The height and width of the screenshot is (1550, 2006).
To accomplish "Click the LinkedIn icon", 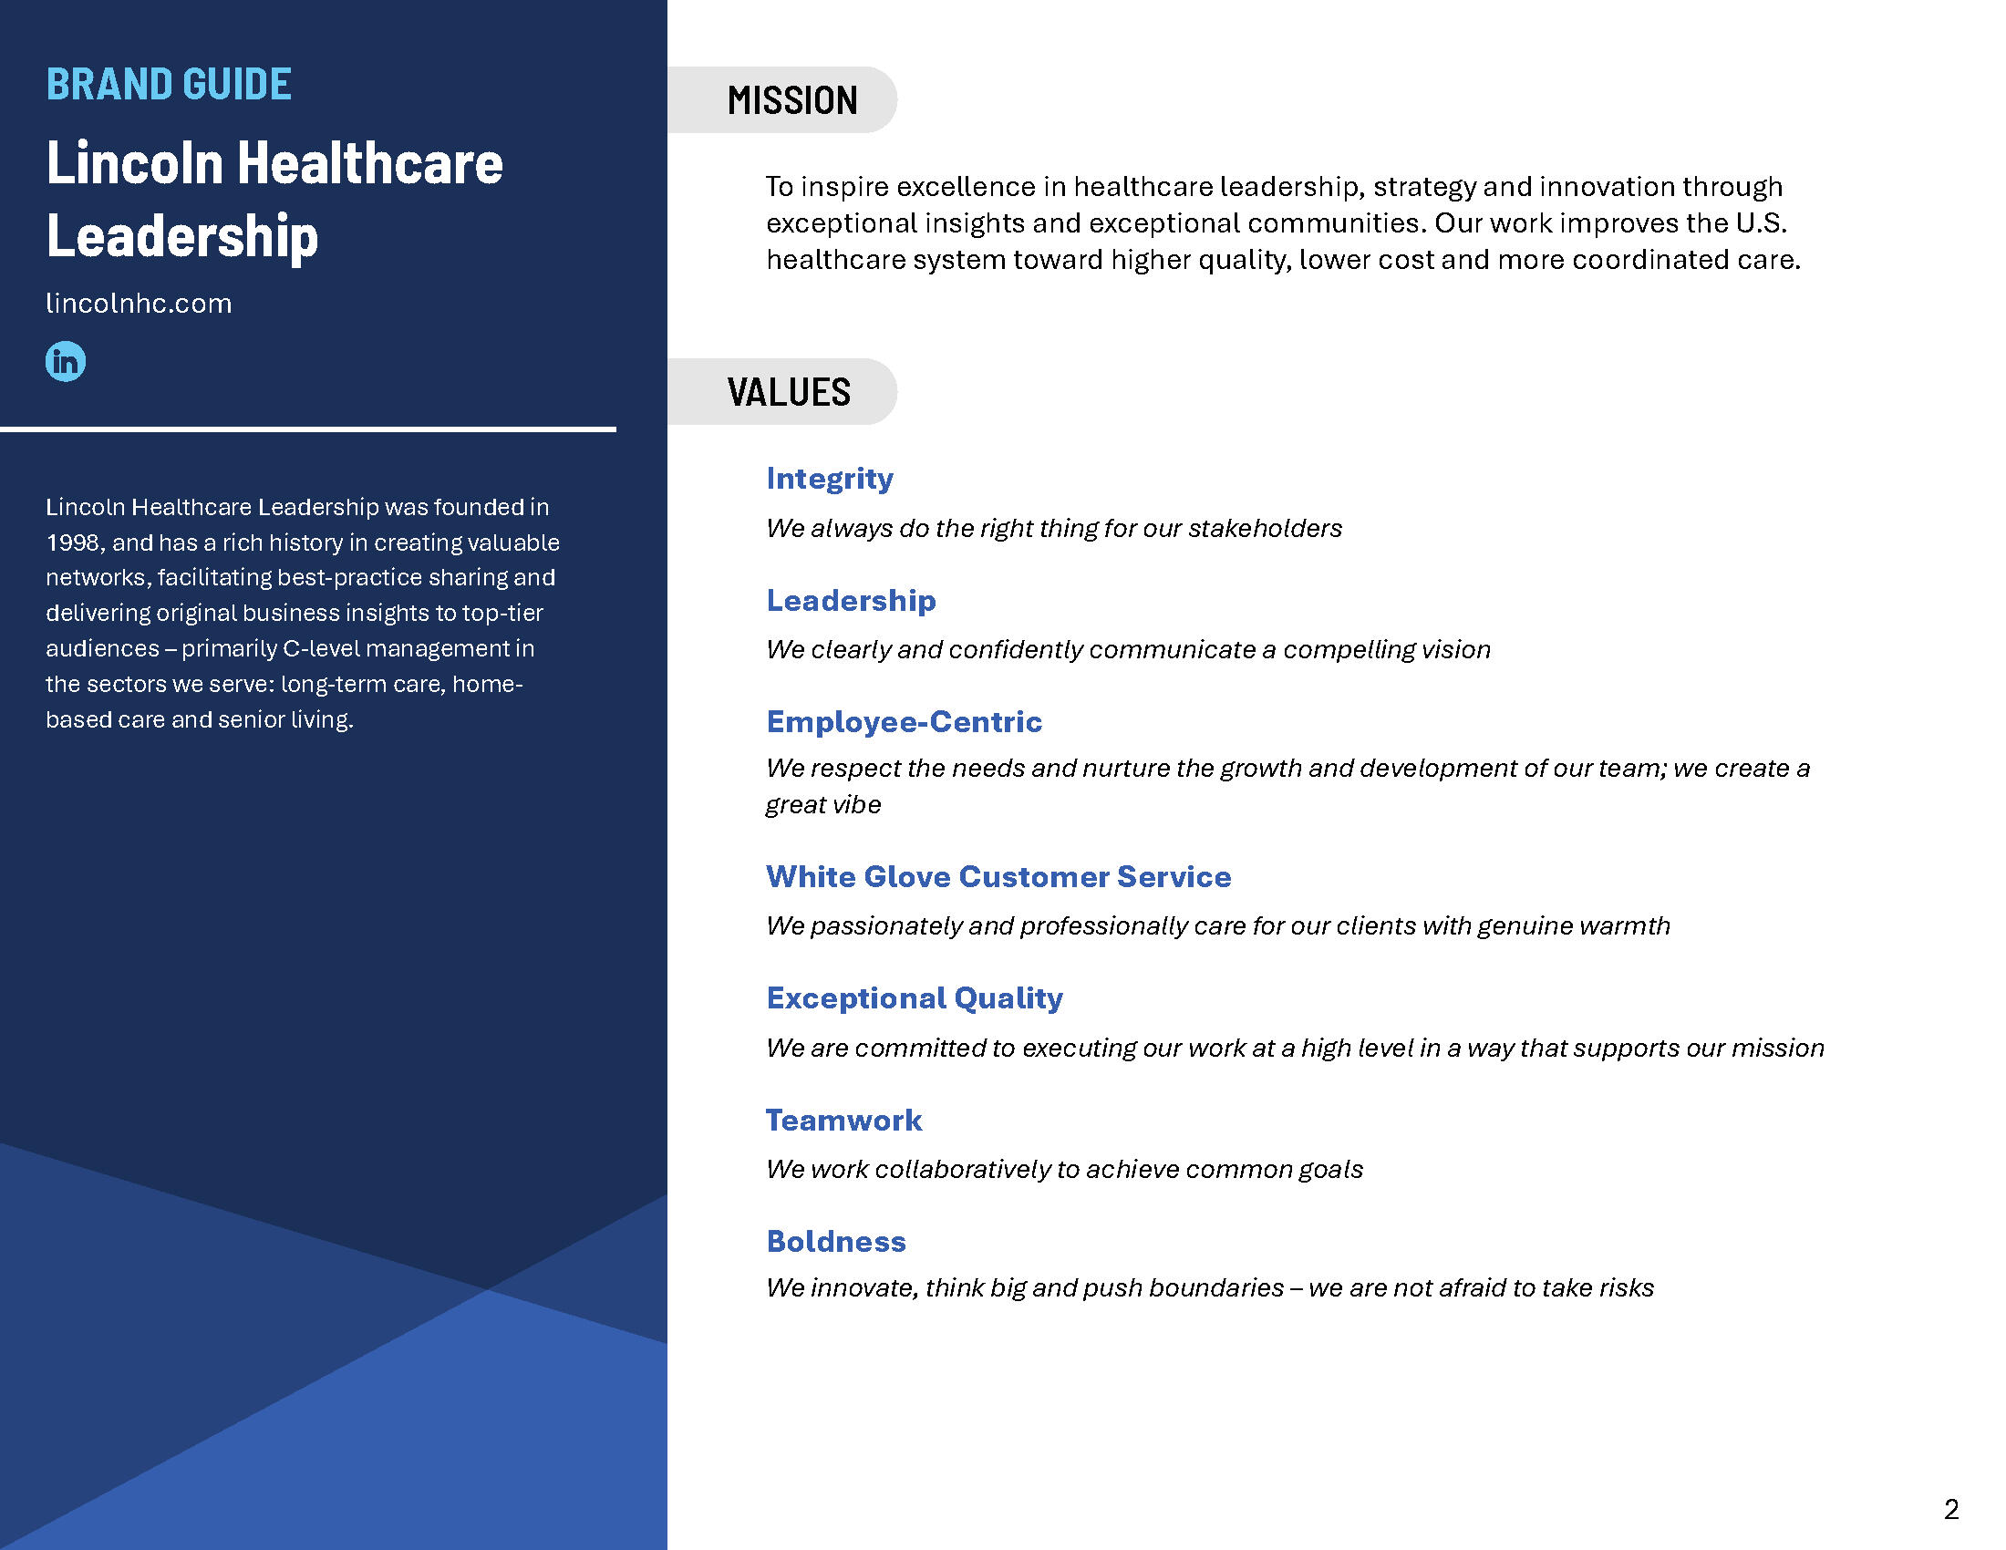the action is pyautogui.click(x=66, y=361).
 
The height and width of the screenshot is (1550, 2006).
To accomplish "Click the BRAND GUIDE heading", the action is pyautogui.click(x=169, y=85).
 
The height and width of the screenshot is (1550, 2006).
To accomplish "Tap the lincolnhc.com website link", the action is pyautogui.click(x=139, y=303).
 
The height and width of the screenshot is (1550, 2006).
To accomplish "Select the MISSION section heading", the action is pyautogui.click(x=791, y=100).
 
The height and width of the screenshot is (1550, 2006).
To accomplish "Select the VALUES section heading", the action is pyautogui.click(x=789, y=392).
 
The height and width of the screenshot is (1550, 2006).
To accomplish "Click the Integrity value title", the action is pyautogui.click(x=830, y=479).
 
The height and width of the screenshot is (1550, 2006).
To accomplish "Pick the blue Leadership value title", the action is pyautogui.click(x=851, y=601).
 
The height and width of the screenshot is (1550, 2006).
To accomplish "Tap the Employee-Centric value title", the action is pyautogui.click(x=904, y=722).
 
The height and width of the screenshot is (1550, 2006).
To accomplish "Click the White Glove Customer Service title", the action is pyautogui.click(x=998, y=876).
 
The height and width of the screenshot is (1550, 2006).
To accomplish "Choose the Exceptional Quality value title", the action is pyautogui.click(x=914, y=998).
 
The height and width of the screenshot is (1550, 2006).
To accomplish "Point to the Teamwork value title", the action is pyautogui.click(x=843, y=1120).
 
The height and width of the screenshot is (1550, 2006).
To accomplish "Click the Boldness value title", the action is pyautogui.click(x=836, y=1242).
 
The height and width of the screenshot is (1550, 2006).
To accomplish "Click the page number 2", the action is pyautogui.click(x=1952, y=1510).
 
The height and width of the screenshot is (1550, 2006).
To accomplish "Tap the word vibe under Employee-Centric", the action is pyautogui.click(x=855, y=804).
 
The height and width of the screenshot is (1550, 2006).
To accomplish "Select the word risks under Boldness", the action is pyautogui.click(x=1626, y=1287).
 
